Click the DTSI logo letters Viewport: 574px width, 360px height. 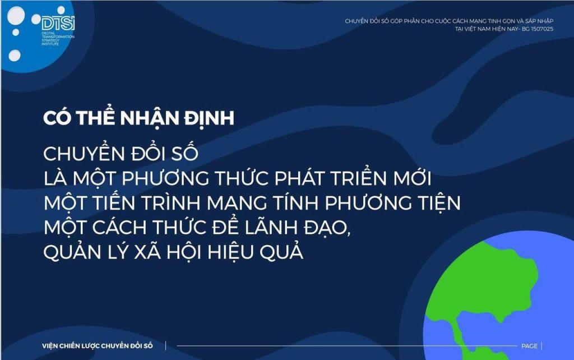(x=58, y=23)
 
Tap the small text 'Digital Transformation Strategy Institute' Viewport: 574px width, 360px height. (x=58, y=39)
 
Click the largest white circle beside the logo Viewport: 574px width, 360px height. (x=16, y=16)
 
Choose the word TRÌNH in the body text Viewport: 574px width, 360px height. (x=170, y=202)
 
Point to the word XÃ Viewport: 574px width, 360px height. (x=147, y=251)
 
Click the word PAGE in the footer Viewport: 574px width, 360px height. (x=529, y=346)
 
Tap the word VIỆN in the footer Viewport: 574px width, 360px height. (x=50, y=346)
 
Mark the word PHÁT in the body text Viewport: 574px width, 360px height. (x=295, y=178)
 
